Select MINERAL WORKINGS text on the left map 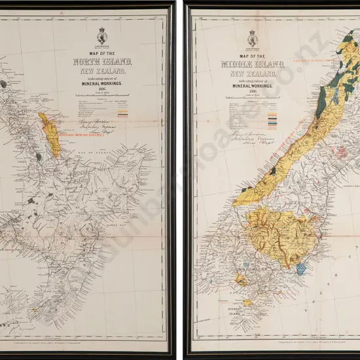103,84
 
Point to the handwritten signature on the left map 95,122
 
